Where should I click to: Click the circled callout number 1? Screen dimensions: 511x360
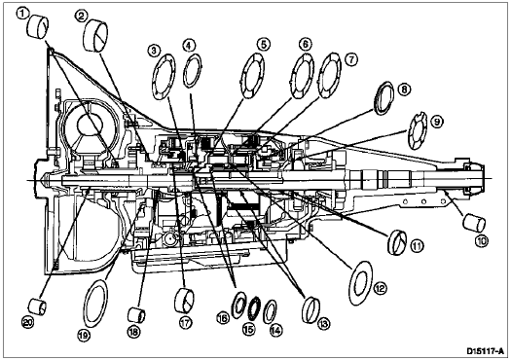21,14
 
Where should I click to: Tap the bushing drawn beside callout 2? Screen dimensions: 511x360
95,35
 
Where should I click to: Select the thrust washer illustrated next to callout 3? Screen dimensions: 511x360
164,77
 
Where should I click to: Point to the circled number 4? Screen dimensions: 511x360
189,46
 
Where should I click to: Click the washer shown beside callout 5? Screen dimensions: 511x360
252,76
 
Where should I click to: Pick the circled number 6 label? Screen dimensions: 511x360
305,44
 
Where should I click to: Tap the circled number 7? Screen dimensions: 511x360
351,59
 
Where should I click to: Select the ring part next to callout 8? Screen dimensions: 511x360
383,98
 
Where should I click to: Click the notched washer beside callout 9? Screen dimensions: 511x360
419,130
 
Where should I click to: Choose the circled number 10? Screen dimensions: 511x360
482,241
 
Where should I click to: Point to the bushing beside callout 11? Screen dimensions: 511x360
397,242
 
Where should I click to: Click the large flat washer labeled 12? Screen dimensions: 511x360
361,283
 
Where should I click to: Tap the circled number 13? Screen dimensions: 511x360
323,323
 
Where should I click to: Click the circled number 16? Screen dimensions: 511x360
223,318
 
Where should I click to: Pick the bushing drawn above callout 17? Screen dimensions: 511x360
185,301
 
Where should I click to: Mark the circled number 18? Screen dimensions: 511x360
134,332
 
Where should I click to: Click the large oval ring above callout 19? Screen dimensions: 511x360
95,304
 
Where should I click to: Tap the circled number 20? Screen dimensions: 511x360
27,322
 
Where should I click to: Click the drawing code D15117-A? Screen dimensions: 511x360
487,351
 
